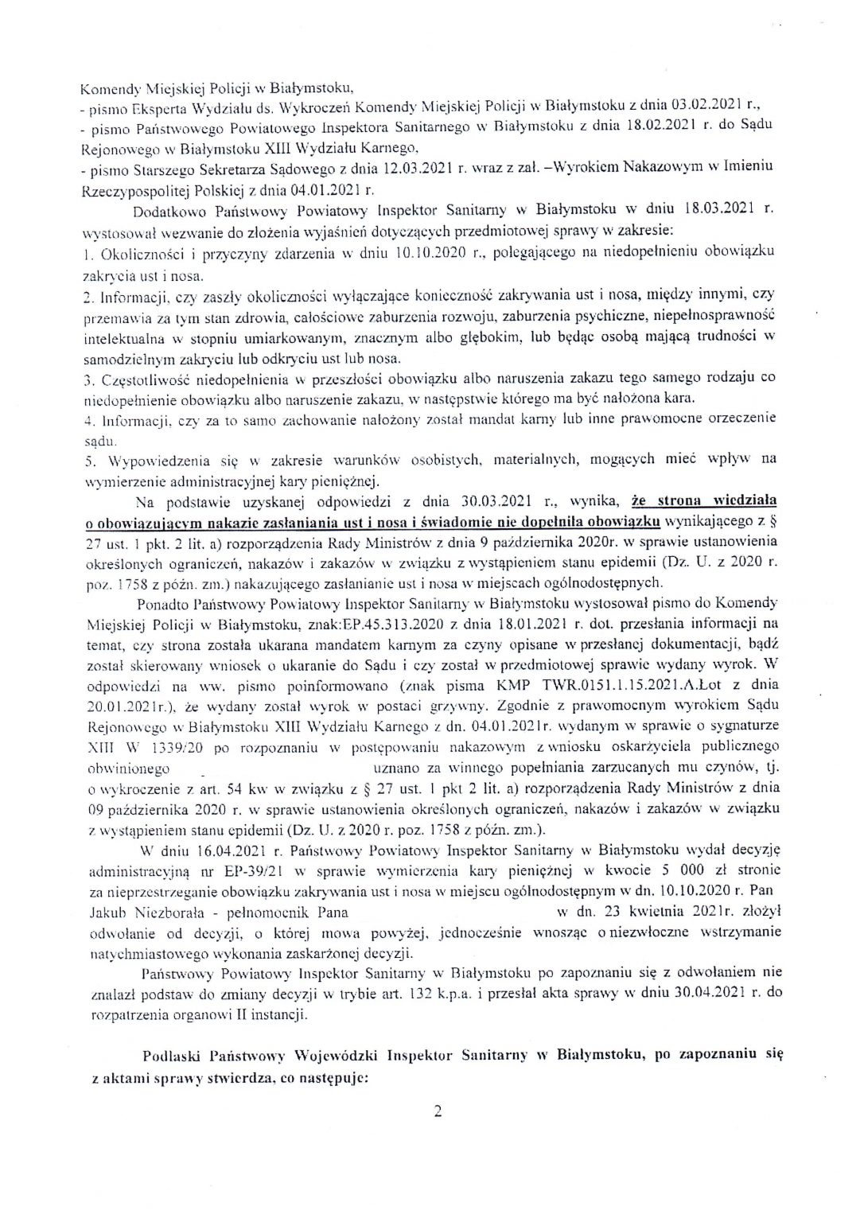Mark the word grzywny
(453, 706)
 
